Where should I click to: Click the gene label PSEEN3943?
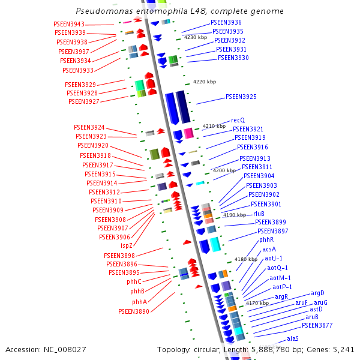[68, 24]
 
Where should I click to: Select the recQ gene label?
[238, 121]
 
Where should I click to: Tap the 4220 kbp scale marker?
[204, 82]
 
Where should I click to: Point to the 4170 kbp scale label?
[257, 304]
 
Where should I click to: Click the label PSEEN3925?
[241, 97]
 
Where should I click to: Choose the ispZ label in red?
[127, 245]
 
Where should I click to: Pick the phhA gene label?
[139, 302]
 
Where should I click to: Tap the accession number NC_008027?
[62, 349]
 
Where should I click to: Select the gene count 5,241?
[343, 349]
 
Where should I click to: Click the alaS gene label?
[292, 339]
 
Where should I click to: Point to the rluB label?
[259, 213]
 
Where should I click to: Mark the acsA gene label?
[269, 249]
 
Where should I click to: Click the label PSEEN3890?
[133, 311]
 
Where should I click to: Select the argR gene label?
[281, 296]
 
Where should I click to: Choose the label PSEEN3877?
[317, 325]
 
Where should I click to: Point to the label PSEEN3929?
[81, 85]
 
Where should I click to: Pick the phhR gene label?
[266, 240]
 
